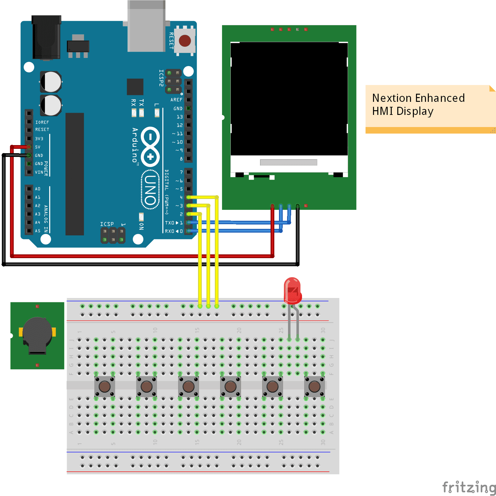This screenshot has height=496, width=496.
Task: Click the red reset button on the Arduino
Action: point(185,40)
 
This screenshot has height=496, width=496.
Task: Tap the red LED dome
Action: point(292,290)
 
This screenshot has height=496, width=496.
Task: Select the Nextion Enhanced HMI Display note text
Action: point(418,105)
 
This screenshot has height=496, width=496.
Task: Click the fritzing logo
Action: point(469,486)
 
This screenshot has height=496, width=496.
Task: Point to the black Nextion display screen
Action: point(289,98)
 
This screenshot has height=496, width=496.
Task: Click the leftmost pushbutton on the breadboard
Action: point(105,386)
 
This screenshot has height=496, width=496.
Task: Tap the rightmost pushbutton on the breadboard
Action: point(314,386)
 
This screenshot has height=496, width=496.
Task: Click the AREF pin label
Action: point(176,100)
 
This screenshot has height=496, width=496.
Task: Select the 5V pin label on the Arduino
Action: point(38,147)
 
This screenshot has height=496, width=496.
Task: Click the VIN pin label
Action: point(39,172)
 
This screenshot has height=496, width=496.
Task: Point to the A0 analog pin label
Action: point(38,189)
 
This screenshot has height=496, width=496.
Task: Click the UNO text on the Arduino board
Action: point(150,190)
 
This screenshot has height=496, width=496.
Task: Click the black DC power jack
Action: point(46,37)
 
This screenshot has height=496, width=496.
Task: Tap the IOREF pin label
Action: point(42,122)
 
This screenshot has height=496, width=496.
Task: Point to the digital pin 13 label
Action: point(180,117)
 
